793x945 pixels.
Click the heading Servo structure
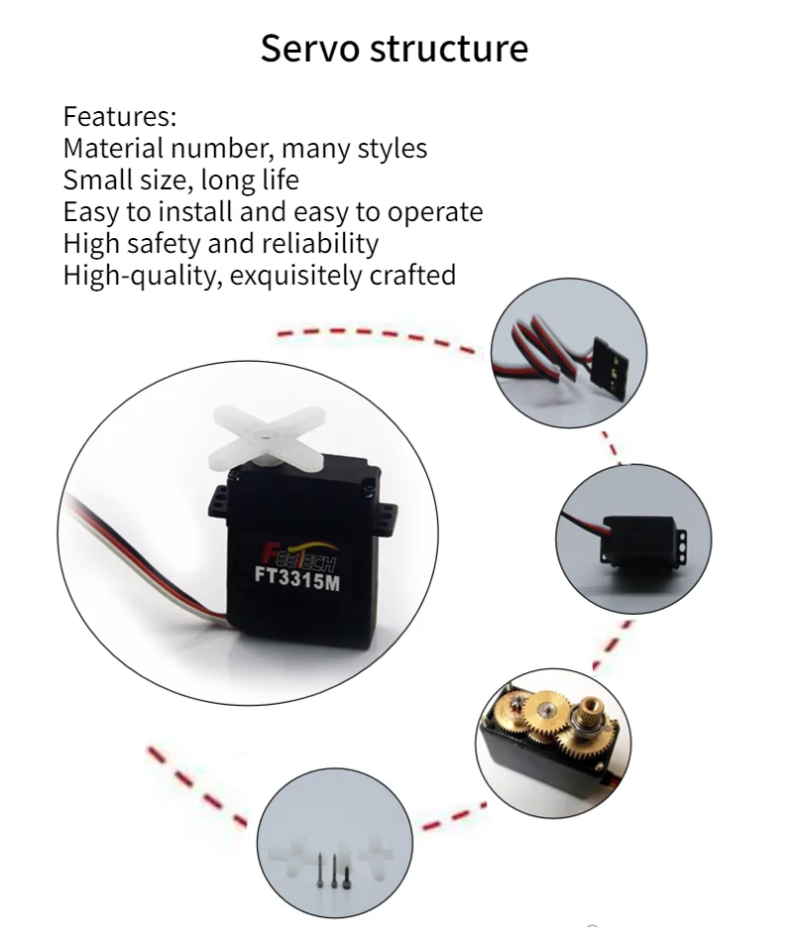395,49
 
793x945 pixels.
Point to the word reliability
320,243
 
